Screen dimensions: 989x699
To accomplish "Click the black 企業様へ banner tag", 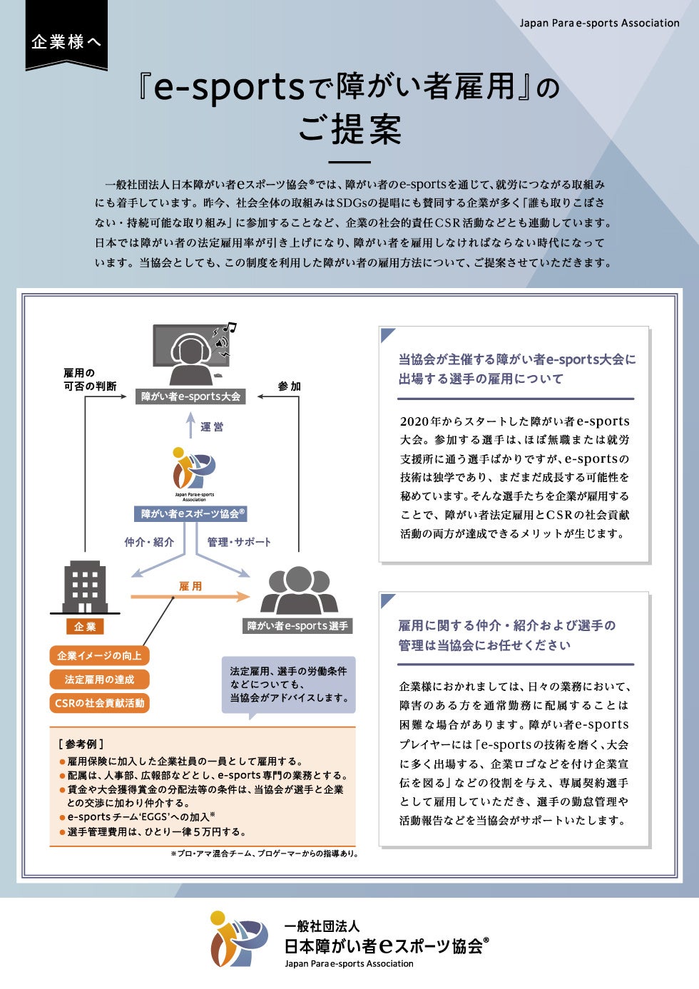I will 66,41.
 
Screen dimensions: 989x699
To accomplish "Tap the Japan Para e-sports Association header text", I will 599,23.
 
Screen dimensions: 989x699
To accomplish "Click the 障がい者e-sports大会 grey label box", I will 190,396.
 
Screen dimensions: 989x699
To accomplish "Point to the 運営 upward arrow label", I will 211,426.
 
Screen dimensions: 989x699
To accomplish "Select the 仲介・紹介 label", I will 149,542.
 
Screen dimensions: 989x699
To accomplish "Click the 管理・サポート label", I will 239,542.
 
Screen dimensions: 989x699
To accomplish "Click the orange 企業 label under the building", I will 85,627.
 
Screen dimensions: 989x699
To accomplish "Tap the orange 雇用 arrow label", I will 190,586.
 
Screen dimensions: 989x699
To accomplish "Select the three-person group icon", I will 298,590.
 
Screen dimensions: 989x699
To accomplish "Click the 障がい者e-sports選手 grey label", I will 297,626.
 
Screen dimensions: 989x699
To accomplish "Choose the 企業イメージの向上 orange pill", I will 99,655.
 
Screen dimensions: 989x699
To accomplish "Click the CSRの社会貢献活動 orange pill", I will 99,703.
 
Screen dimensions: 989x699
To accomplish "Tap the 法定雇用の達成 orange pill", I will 99,680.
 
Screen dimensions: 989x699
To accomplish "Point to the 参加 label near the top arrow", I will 289,386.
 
